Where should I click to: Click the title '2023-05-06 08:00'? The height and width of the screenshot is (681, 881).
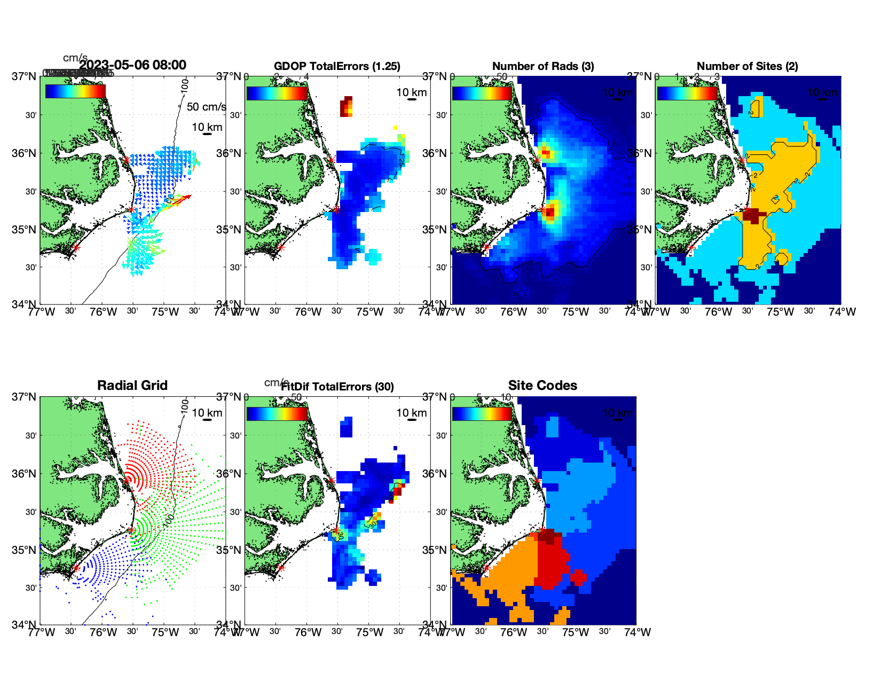pyautogui.click(x=132, y=65)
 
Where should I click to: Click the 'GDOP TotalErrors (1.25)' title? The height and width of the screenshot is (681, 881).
pyautogui.click(x=337, y=66)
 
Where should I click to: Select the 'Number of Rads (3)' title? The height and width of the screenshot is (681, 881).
pyautogui.click(x=543, y=66)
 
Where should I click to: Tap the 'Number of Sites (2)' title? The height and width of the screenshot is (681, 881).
pyautogui.click(x=747, y=66)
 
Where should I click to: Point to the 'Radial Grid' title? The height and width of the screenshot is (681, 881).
pyautogui.click(x=132, y=386)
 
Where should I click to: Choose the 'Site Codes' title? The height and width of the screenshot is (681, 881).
pyautogui.click(x=542, y=386)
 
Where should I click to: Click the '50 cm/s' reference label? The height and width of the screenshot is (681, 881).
pyautogui.click(x=206, y=107)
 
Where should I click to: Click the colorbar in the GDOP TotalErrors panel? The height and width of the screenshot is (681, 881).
pyautogui.click(x=277, y=92)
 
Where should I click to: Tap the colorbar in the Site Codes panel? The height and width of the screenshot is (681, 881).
pyautogui.click(x=482, y=413)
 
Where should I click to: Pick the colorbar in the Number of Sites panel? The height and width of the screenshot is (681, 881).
pyautogui.click(x=687, y=92)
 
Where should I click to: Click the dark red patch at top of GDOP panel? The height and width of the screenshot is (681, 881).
pyautogui.click(x=347, y=106)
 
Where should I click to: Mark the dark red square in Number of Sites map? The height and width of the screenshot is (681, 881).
pyautogui.click(x=751, y=216)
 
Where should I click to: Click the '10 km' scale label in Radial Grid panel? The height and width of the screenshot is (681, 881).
pyautogui.click(x=207, y=413)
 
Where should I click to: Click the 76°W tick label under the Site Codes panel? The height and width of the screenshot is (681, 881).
pyautogui.click(x=514, y=632)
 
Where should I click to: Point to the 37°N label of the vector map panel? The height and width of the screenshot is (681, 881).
pyautogui.click(x=25, y=76)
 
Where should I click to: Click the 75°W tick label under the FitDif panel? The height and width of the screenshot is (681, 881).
pyautogui.click(x=369, y=632)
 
